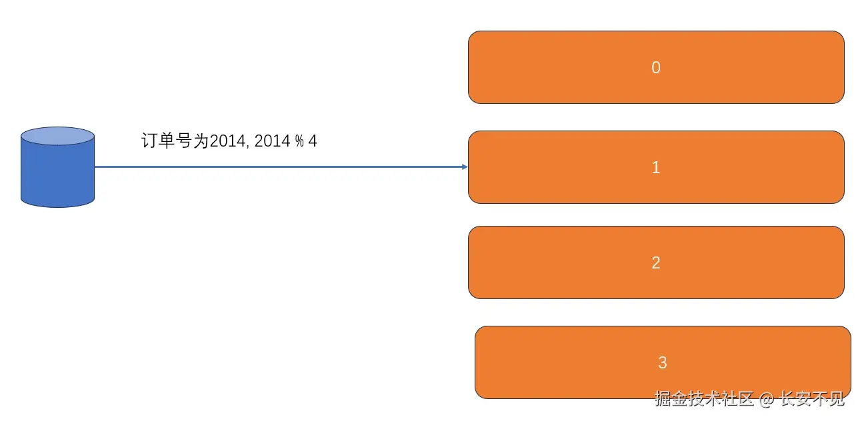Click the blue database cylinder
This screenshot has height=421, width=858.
pos(57,173)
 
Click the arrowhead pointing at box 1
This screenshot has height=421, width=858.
pos(465,167)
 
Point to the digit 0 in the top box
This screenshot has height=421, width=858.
pos(655,67)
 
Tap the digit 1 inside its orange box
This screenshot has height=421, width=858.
pos(655,167)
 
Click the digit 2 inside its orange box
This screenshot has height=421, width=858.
pos(655,262)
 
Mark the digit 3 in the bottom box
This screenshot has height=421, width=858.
pos(662,362)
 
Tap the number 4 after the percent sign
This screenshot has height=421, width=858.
pos(312,141)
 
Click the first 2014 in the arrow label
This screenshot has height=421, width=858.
pos(227,141)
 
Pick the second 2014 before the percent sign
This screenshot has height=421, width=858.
pos(271,141)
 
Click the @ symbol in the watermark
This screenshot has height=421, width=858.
pos(767,399)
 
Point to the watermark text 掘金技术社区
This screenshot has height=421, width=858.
pos(704,399)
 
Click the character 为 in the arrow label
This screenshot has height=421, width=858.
pos(201,141)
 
